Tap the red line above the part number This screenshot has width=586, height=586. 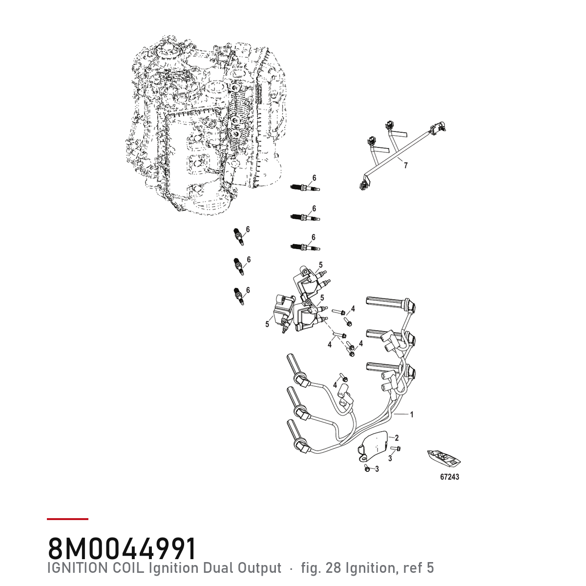point(67,519)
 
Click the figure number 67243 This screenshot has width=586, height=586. point(449,477)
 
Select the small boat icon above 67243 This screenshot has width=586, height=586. point(444,458)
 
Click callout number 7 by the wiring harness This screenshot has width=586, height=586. point(405,166)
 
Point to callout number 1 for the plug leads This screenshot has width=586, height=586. point(412,415)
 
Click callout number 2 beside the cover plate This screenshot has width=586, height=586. point(397,438)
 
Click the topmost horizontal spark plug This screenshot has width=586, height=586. point(305,188)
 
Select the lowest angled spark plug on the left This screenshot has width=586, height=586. point(239,296)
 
